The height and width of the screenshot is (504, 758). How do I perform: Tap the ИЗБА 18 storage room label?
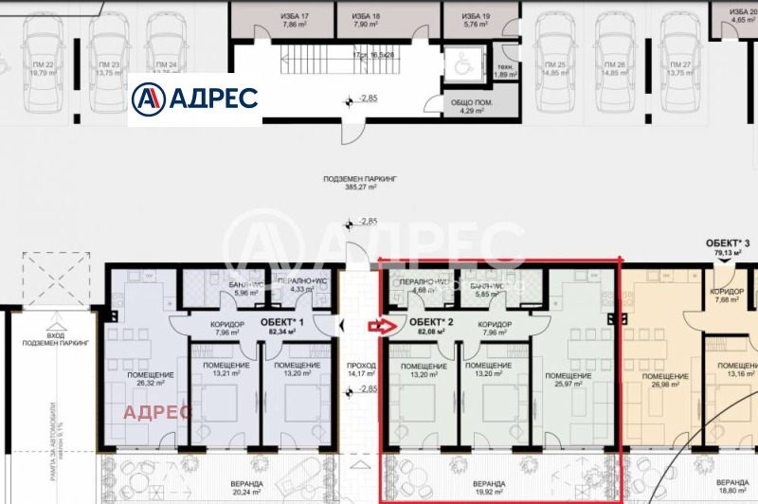[366, 22]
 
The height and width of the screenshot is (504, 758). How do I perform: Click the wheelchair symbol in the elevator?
[462, 65]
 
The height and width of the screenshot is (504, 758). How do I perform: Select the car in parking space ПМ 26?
[608, 56]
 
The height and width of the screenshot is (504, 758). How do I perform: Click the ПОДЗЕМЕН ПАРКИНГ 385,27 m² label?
[359, 183]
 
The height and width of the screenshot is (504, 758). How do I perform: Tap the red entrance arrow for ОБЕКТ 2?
[379, 327]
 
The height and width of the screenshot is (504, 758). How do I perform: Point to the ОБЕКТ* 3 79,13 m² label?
[726, 248]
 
